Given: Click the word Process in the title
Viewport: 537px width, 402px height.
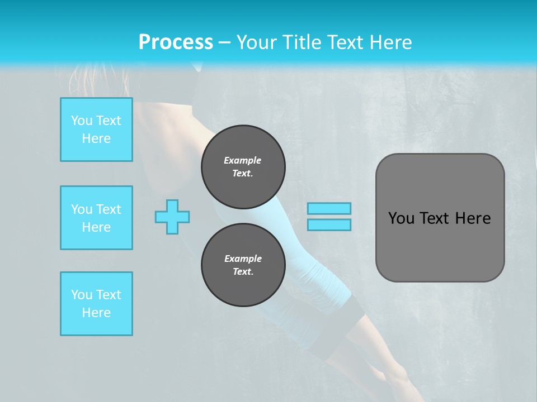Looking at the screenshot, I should pos(176,42).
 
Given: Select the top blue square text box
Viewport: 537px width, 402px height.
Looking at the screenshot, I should pos(96,130).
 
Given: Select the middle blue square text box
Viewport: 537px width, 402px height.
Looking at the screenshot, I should pos(96,218).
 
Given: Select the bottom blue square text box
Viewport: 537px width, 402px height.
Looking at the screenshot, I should pos(96,304).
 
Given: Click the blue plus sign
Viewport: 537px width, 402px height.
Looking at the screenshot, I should pos(172,217).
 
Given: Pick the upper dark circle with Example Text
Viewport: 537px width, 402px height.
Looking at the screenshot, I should pos(243,167).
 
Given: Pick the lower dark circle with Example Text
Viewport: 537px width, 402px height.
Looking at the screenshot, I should pos(243,265).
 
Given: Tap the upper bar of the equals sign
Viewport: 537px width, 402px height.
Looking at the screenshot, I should pos(329,208).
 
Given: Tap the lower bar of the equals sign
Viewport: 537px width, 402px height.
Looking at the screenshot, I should pos(329,224).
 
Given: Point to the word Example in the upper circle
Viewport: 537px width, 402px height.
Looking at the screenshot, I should pos(243,160).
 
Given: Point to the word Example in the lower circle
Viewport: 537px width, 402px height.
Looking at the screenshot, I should pos(243,259).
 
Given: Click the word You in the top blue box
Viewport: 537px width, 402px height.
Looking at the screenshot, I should pos(82,121).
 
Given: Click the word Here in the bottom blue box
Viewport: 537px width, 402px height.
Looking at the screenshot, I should pos(96,313).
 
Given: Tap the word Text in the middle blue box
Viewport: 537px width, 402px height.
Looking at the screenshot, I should pos(108,209).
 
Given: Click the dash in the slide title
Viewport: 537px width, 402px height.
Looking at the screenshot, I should pos(224,42).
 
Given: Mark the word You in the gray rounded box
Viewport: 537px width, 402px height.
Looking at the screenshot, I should pos(401,218).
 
